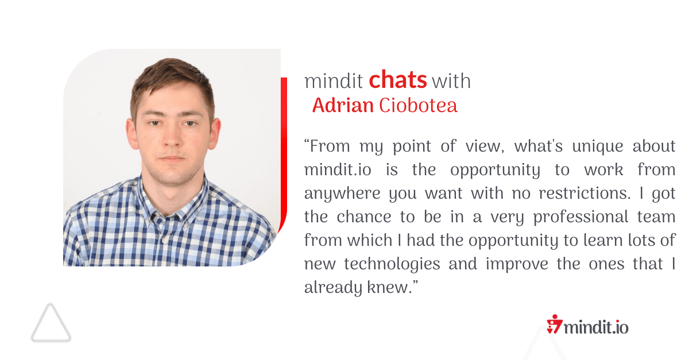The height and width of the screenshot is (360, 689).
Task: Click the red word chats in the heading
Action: (x=398, y=79)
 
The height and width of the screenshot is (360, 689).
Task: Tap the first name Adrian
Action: (x=343, y=105)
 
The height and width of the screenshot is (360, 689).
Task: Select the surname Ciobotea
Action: (x=418, y=105)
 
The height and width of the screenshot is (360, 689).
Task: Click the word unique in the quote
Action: (x=597, y=146)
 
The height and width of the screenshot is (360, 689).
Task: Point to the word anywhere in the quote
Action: (x=342, y=194)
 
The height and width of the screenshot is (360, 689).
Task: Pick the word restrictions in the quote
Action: (x=584, y=193)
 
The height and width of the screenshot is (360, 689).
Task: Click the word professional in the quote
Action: (x=580, y=217)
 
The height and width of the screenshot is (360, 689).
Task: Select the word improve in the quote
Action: (x=517, y=264)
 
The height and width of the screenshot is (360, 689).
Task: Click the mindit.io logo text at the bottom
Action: (x=596, y=327)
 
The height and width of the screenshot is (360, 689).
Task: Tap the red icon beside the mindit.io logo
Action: (x=554, y=324)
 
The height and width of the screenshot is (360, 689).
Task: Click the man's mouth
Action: (x=172, y=158)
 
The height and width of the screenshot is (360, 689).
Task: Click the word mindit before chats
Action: (x=334, y=81)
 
